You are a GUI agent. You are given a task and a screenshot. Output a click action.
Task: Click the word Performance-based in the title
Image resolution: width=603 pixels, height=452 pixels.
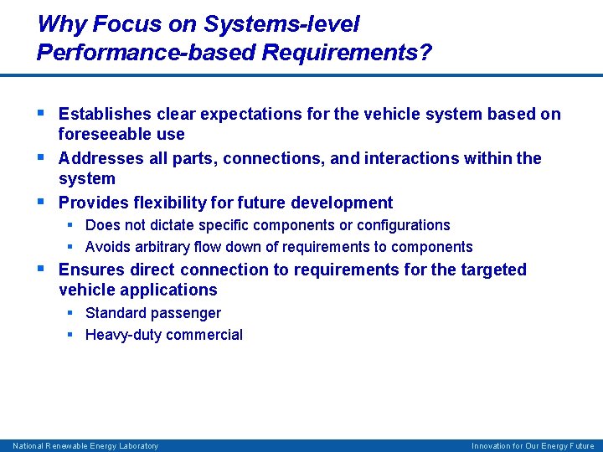(146, 53)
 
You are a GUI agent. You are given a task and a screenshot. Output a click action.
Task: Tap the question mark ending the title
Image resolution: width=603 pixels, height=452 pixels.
(426, 53)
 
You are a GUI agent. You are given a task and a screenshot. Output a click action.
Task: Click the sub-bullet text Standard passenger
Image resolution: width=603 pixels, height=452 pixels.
(153, 313)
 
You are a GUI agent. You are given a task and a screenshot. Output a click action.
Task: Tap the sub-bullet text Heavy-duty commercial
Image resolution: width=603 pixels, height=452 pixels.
(164, 335)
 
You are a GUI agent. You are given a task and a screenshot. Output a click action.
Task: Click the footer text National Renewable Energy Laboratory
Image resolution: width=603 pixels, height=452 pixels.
(85, 446)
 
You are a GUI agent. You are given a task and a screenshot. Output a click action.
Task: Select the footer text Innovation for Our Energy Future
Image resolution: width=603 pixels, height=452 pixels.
(533, 446)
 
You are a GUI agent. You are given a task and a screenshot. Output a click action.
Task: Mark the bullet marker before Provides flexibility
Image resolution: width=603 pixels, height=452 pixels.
(41, 202)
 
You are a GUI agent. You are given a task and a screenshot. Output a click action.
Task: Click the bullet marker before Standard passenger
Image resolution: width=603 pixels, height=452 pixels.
(71, 313)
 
